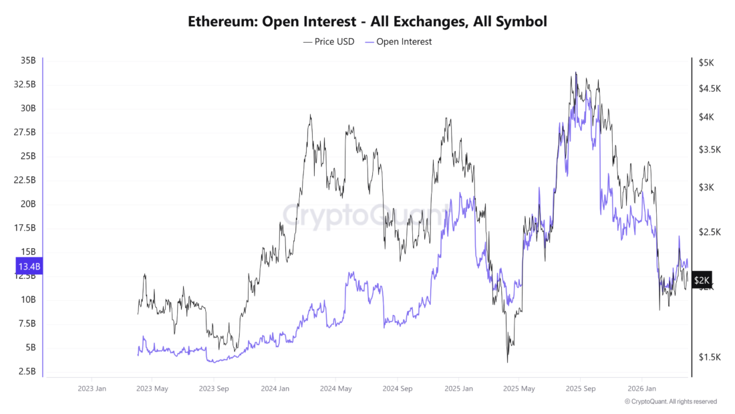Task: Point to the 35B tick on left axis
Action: click(x=28, y=61)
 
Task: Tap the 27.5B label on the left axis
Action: click(x=25, y=132)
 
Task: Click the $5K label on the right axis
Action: click(x=706, y=63)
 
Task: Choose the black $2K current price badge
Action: click(x=702, y=280)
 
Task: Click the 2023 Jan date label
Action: click(x=92, y=389)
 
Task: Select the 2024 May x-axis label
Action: click(x=335, y=389)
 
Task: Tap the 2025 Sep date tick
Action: click(x=580, y=389)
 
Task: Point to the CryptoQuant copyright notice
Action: click(x=671, y=402)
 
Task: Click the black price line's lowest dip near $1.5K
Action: click(x=507, y=362)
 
